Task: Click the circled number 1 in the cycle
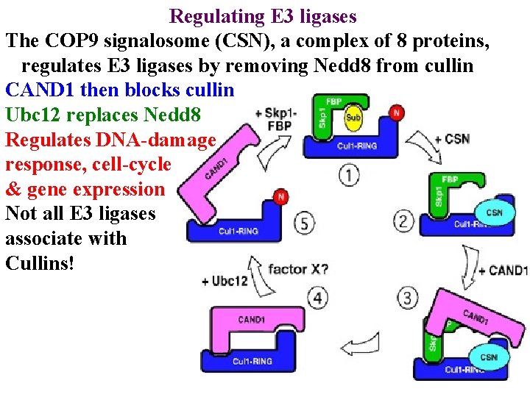click(x=350, y=175)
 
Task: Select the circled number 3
click(x=407, y=298)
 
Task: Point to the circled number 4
click(x=317, y=298)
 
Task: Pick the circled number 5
click(x=305, y=222)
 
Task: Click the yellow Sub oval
click(x=354, y=118)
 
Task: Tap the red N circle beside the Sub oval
click(x=397, y=112)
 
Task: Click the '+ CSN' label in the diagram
click(x=452, y=139)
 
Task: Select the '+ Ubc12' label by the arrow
click(x=225, y=282)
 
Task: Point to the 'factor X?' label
click(x=298, y=268)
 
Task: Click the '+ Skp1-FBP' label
click(x=276, y=119)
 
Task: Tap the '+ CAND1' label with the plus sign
click(x=503, y=271)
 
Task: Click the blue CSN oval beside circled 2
click(x=494, y=212)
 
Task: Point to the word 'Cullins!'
click(x=40, y=263)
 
